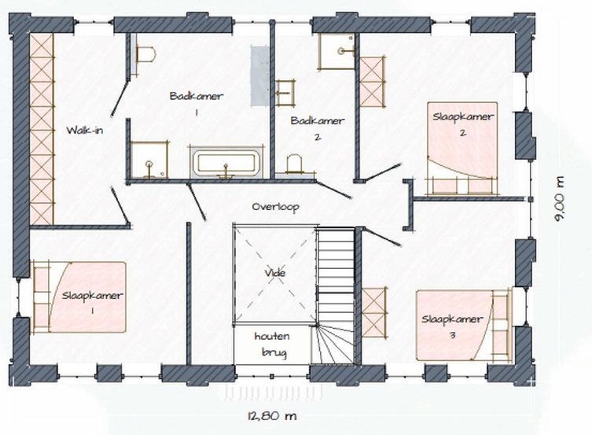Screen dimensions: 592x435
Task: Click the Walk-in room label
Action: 85,131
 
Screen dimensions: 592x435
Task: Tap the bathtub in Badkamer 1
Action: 226,163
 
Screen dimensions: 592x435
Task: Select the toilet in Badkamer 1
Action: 145,54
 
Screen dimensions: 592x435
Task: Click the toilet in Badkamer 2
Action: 295,164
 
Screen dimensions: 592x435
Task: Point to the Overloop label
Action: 276,207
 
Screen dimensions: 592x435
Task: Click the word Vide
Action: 275,273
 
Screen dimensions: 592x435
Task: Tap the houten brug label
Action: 273,344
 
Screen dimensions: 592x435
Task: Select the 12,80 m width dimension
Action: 272,416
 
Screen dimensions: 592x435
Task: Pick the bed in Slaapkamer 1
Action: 79,297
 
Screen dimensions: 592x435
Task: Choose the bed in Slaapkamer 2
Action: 462,149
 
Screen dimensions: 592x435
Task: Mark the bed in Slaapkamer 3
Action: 463,325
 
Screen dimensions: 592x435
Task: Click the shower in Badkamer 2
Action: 336,51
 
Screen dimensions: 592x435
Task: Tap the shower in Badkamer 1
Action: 149,160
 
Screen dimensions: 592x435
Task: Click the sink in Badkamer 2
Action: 285,92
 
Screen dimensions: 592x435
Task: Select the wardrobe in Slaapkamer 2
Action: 372,82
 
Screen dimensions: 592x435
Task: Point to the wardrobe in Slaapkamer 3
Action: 373,312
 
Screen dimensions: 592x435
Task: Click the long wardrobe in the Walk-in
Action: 42,130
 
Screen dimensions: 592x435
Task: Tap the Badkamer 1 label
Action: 197,104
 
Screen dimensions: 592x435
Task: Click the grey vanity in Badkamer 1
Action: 259,76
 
